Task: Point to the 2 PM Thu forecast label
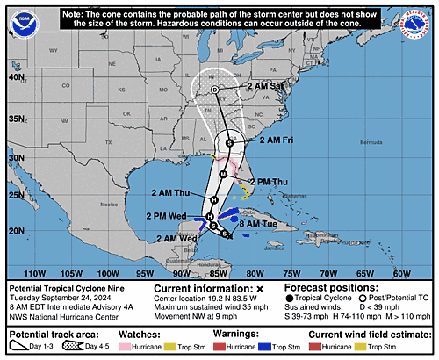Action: tap(270, 182)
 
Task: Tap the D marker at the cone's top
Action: tap(214, 90)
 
